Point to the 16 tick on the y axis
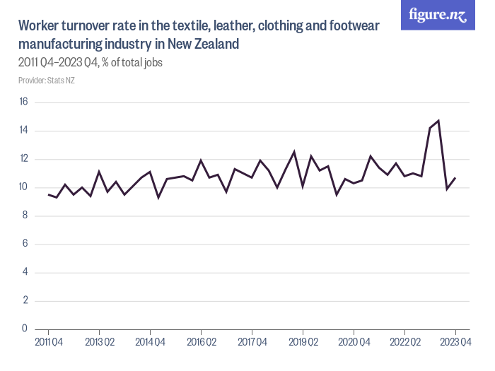[x=23, y=102]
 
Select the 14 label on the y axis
[x=23, y=131]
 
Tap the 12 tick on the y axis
[x=23, y=159]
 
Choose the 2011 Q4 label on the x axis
[x=48, y=343]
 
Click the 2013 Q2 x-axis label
[x=99, y=343]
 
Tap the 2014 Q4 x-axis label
[x=150, y=343]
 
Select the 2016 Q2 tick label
[x=201, y=343]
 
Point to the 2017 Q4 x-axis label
[x=252, y=343]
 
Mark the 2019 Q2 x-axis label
[x=303, y=343]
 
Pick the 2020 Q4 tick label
[x=354, y=343]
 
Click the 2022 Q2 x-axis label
[x=404, y=343]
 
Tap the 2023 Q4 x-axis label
[x=455, y=343]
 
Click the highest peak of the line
[x=438, y=121]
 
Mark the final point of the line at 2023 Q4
[x=455, y=177]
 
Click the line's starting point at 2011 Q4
[x=48, y=194]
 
